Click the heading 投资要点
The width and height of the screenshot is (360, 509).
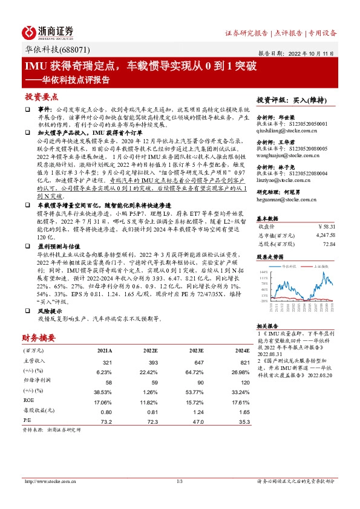[x=42, y=97]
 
